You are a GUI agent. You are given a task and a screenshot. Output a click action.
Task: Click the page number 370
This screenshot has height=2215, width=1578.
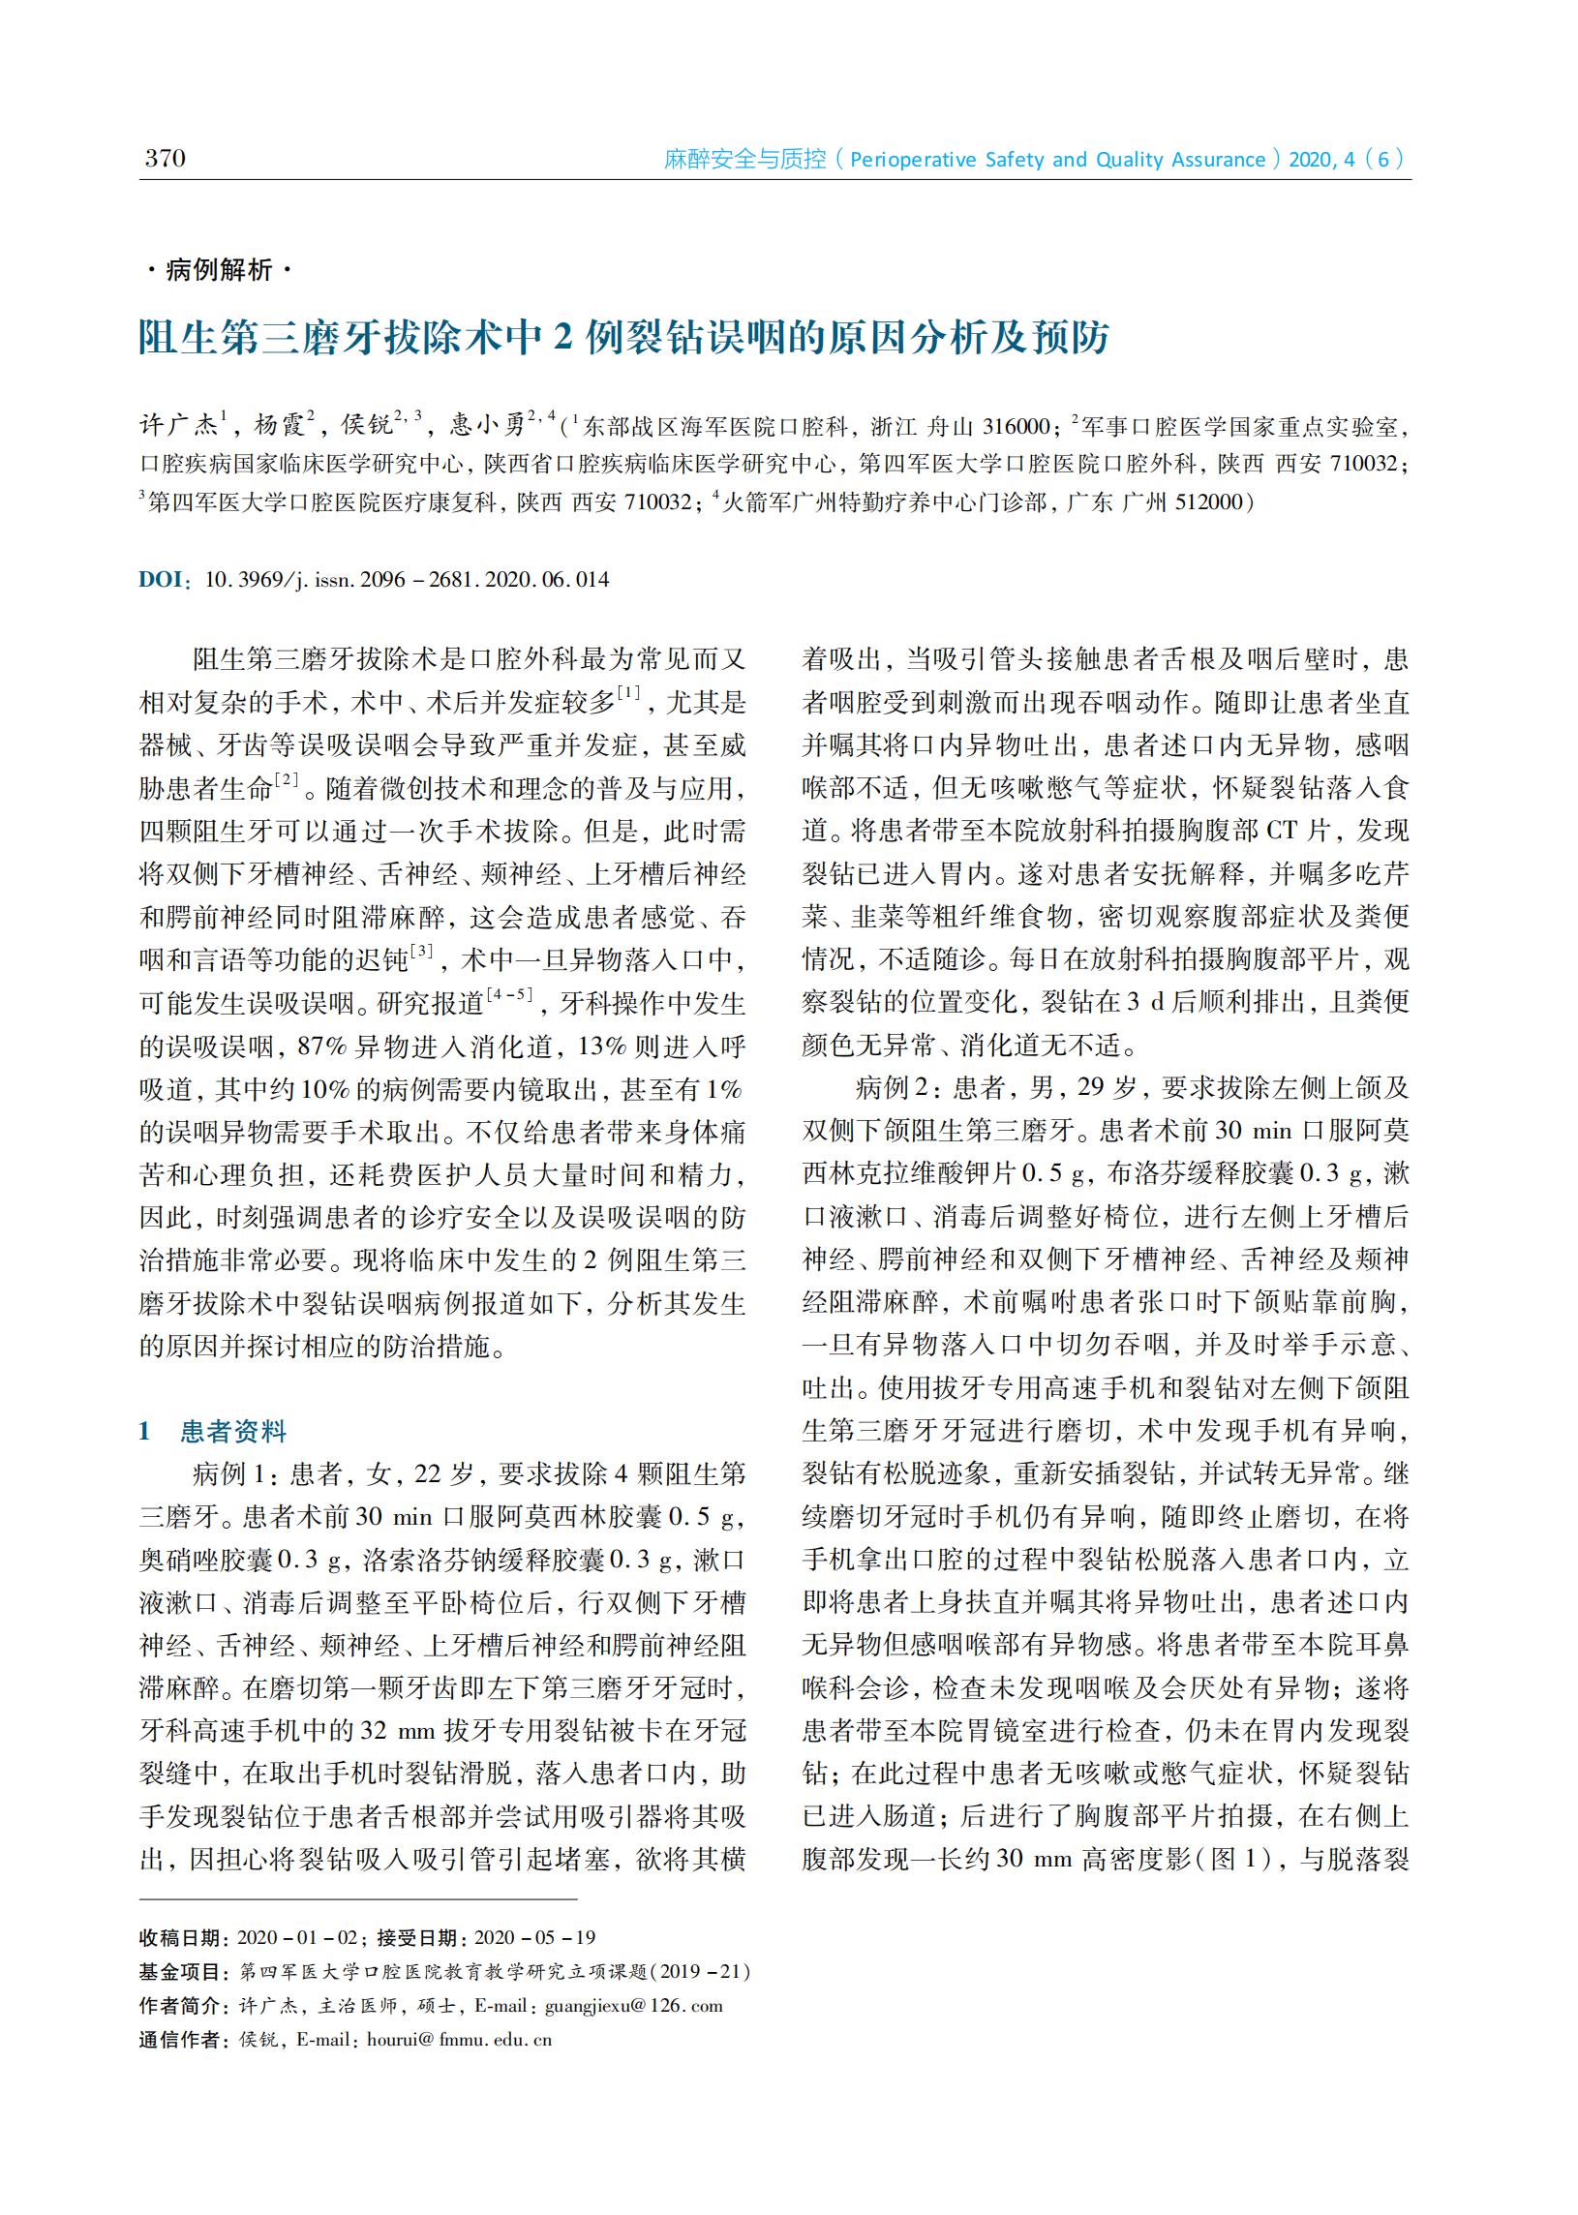166,159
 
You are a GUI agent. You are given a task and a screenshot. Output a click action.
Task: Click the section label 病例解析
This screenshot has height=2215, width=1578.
219,270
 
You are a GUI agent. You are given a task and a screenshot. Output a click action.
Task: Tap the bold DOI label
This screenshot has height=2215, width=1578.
160,580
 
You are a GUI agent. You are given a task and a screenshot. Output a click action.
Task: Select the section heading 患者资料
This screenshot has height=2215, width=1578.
233,1431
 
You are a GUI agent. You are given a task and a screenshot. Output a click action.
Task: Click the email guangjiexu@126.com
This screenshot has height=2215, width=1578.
633,2006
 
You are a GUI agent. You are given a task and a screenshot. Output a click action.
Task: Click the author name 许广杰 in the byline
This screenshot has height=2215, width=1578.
179,425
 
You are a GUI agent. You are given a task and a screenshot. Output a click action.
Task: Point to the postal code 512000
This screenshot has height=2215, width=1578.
1209,502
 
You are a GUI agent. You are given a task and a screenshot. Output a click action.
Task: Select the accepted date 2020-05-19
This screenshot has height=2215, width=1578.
534,1938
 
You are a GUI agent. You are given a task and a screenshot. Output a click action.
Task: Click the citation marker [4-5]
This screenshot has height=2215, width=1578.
509,995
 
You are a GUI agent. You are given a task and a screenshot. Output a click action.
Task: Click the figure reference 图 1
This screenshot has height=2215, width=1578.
1238,1860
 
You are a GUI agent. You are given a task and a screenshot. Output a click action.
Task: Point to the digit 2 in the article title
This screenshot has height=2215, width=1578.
562,337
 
